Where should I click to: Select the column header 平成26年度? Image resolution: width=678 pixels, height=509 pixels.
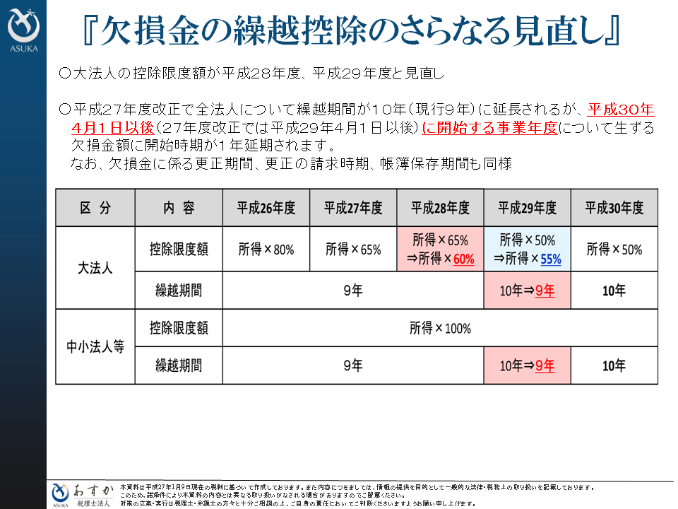[x=266, y=208]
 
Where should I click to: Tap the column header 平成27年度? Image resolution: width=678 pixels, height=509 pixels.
[x=353, y=208]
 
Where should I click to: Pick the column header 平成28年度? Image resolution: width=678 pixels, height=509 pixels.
[x=440, y=208]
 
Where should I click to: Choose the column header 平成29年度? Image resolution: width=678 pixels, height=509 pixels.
[x=527, y=208]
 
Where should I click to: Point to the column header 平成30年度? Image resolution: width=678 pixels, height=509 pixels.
[x=614, y=208]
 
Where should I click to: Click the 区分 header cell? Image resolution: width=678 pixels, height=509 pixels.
[x=95, y=208]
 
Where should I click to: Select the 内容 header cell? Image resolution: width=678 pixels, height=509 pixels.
[x=179, y=208]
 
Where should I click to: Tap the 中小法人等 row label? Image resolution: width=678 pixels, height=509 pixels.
[x=95, y=347]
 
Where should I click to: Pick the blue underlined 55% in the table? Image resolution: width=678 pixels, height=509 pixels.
[x=551, y=259]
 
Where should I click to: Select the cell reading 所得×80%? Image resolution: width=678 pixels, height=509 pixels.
[x=266, y=250]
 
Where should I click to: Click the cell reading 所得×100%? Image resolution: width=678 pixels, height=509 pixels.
[x=440, y=329]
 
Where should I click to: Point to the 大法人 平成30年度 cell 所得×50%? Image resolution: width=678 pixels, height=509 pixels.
[x=614, y=250]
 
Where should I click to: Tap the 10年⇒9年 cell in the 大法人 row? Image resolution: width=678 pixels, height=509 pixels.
[x=527, y=290]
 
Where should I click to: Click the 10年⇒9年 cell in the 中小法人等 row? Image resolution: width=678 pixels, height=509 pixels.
[x=527, y=365]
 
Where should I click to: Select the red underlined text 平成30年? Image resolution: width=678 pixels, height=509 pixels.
[x=621, y=110]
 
